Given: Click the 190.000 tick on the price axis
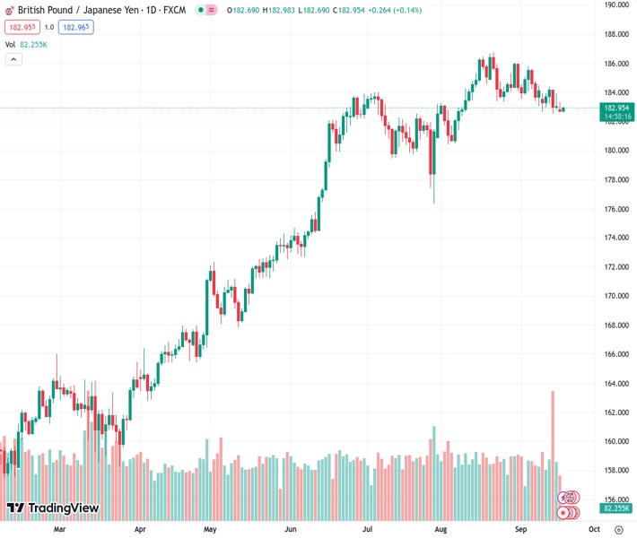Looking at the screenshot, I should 615,4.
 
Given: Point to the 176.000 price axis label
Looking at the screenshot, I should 615,209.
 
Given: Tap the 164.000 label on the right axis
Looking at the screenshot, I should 615,384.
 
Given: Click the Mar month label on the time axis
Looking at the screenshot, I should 59,530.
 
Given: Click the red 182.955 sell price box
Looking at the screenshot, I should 21,27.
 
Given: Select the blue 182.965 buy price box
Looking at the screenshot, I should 76,27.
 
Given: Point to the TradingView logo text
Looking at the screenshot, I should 63,508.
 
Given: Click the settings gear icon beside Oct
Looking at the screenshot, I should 618,530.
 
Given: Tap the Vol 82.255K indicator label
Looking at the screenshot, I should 26,44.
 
